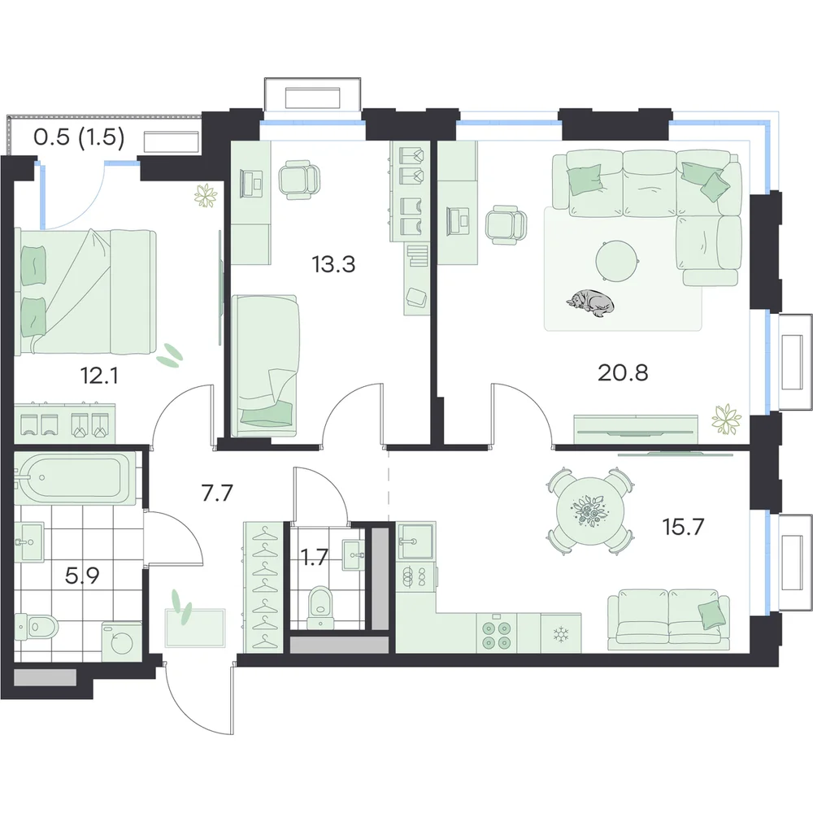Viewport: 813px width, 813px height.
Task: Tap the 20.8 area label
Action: [623, 372]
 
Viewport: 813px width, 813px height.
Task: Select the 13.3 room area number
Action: [333, 264]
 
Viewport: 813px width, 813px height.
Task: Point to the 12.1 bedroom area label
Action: [99, 376]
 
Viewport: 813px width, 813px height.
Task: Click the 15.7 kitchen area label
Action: [684, 527]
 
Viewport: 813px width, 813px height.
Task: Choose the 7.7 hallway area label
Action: [217, 493]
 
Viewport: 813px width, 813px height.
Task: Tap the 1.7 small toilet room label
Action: [314, 558]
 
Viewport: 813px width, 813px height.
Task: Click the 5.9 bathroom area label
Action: [82, 576]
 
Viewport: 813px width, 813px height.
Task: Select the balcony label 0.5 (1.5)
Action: [79, 137]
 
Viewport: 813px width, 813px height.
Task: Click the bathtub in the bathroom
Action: [75, 477]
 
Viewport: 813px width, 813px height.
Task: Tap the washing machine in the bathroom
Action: [123, 641]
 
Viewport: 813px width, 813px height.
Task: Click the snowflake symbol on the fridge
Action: [560, 633]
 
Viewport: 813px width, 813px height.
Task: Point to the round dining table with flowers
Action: [590, 511]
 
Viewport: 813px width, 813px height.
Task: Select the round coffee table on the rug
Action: [616, 262]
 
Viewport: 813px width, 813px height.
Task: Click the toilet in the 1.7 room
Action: [319, 606]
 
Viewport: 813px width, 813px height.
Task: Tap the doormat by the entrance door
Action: [195, 628]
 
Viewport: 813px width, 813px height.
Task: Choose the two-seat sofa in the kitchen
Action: [668, 620]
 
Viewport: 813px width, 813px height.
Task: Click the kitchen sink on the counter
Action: [415, 541]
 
